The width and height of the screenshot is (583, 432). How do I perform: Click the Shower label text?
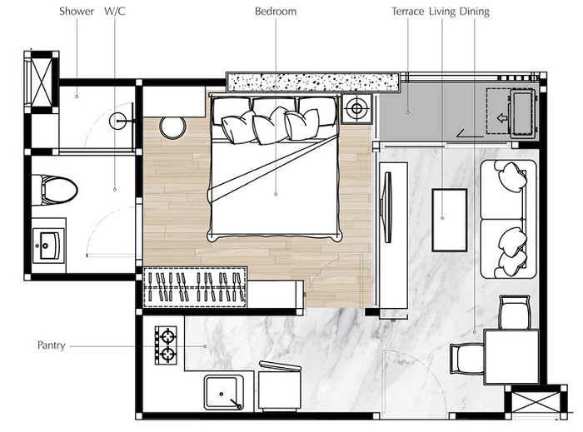tap(77, 12)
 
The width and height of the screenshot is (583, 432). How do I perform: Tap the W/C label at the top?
tap(115, 11)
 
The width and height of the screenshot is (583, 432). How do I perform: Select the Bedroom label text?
tap(276, 12)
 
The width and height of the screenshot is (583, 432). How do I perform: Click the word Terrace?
tap(407, 12)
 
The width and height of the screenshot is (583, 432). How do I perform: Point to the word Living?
tap(442, 12)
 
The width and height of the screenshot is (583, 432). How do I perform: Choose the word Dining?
tap(475, 12)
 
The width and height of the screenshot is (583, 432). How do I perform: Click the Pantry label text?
tap(52, 345)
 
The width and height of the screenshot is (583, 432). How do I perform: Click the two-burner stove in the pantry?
tap(166, 345)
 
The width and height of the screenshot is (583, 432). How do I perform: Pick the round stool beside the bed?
tap(172, 128)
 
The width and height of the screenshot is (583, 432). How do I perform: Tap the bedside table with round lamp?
tap(356, 108)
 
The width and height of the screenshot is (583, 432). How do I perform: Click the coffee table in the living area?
tap(450, 220)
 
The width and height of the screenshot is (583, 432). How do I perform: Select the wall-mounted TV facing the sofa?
tap(387, 207)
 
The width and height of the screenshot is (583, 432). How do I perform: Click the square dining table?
tap(511, 357)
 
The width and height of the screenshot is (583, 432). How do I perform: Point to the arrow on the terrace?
tap(502, 118)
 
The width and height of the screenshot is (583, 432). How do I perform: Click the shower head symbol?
tap(118, 121)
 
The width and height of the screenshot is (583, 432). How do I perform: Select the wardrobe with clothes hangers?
tap(195, 287)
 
